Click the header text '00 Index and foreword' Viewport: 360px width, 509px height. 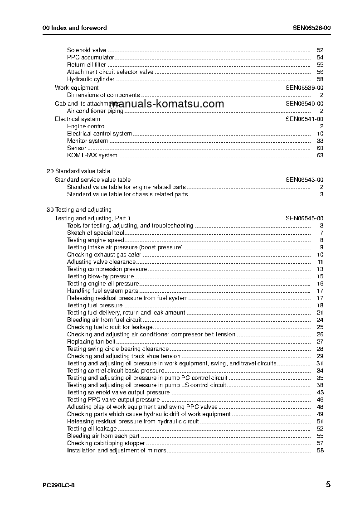[74, 28]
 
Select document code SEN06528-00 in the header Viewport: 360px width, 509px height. [311, 28]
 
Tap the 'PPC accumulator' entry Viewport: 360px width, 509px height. [90, 58]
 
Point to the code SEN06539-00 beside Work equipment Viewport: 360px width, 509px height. [304, 88]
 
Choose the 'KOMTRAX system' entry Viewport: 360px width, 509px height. [92, 155]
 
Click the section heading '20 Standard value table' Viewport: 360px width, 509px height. [78, 171]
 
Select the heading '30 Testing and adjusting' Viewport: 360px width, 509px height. [79, 210]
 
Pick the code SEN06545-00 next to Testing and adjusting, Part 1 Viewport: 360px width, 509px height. [304, 218]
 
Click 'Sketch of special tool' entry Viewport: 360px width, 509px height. [96, 233]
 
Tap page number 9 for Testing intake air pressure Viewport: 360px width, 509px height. [321, 247]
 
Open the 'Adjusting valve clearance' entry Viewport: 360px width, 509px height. [102, 262]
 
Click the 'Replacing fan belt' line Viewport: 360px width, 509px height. [91, 342]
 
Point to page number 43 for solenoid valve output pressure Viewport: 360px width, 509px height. [320, 393]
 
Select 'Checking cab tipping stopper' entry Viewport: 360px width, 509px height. [106, 443]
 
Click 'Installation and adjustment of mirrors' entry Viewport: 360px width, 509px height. [117, 451]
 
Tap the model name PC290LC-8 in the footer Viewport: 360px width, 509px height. [58, 485]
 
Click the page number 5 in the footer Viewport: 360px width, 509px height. [328, 485]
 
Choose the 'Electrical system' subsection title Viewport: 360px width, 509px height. [78, 119]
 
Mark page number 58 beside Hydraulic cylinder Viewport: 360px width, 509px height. [320, 79]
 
